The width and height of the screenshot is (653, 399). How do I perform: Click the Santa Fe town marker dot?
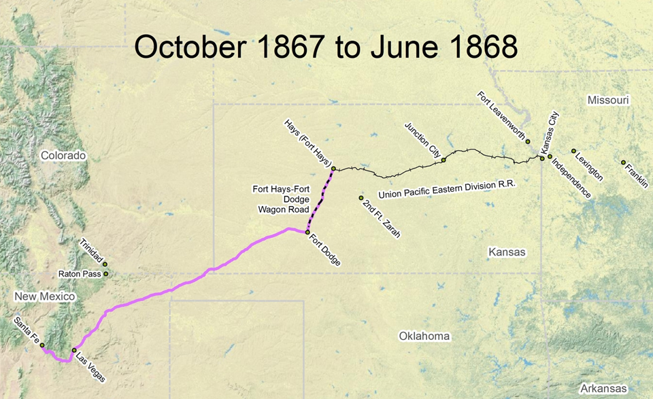coord(42,345)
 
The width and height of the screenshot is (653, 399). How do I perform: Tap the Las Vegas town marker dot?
coord(74,351)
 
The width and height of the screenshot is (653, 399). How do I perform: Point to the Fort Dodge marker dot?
coord(307,232)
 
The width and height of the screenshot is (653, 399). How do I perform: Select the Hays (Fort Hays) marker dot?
coord(333,169)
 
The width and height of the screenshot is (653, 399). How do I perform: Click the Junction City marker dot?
coord(443,160)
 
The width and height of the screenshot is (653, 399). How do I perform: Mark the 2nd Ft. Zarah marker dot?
coord(361,198)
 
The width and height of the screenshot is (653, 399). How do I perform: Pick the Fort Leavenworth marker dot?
coord(528,141)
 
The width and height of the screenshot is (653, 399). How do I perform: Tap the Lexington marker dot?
coord(573,151)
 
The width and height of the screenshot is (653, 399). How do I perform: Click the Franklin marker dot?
coord(623,162)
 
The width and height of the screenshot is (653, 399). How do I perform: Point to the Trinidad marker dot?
coord(105,264)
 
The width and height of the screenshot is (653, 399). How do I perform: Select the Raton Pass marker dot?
coord(105,274)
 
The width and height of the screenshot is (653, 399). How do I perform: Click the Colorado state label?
coord(63,156)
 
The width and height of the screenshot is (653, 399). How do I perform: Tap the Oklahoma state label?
coord(424,336)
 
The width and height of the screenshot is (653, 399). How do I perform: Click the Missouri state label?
coord(608,101)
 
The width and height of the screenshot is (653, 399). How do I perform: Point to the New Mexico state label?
coord(45,297)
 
